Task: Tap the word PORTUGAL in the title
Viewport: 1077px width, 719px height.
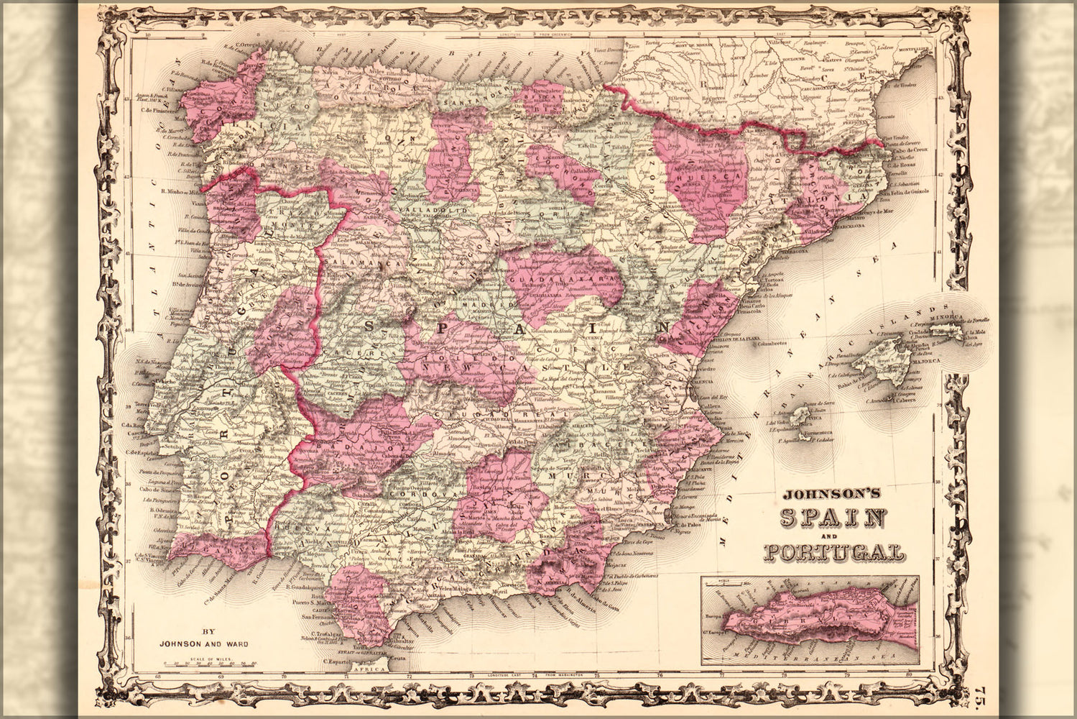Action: click(x=833, y=552)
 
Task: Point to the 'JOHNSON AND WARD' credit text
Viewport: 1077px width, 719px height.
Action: click(x=205, y=644)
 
